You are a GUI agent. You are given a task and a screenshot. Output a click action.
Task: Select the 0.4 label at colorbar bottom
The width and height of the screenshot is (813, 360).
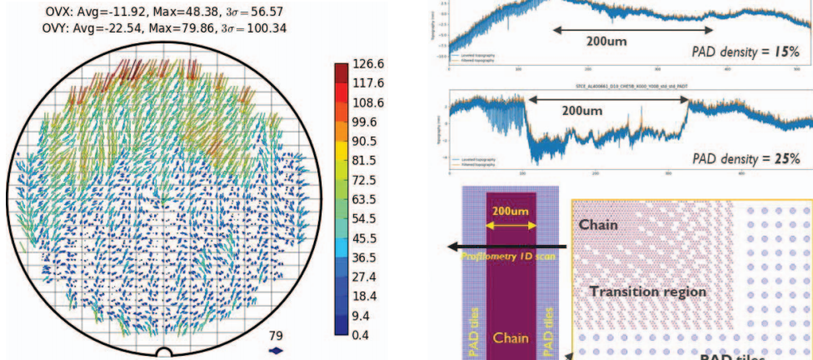click(x=372, y=336)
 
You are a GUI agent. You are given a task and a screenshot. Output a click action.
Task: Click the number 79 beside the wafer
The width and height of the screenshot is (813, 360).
click(x=275, y=336)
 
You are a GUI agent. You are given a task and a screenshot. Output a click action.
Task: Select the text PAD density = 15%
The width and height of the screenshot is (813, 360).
click(x=746, y=52)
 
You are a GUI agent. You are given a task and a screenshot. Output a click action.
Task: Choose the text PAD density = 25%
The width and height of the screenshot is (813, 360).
click(x=746, y=158)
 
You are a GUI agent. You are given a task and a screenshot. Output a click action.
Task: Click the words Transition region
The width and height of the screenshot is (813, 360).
click(x=647, y=292)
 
